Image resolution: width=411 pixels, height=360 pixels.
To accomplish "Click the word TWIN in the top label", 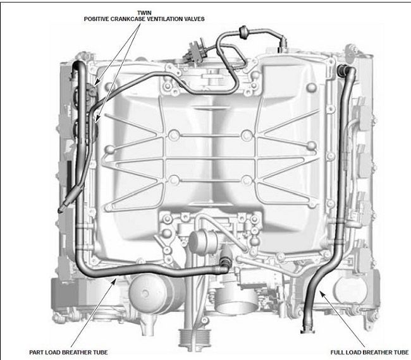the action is pos(144,13).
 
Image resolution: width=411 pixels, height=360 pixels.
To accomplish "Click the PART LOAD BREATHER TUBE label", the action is pos(68,352).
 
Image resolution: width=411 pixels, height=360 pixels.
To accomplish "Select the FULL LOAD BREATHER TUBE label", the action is pos(369,352).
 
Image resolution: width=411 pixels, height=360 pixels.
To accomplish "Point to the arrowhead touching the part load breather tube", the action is pos(114,281).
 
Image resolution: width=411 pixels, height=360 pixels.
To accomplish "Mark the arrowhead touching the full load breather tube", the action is pos(322,294).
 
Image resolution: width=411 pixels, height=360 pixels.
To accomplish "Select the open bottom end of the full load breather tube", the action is pos(307,330).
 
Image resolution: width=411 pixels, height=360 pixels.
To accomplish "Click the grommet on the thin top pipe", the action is pos(243,32).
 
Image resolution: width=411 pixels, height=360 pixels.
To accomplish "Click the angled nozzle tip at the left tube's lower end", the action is pos(61,210).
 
